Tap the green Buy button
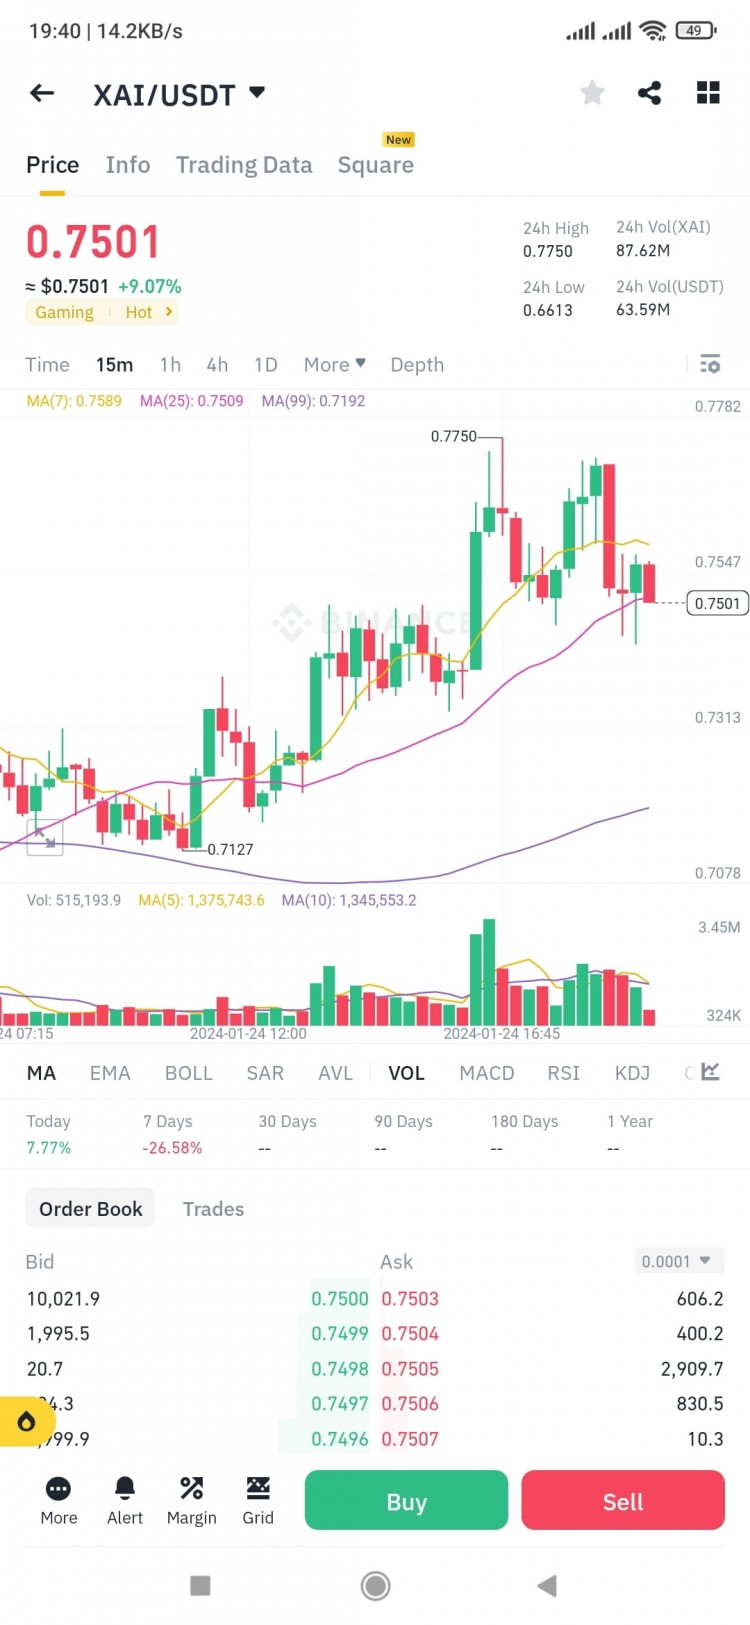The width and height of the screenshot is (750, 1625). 406,1501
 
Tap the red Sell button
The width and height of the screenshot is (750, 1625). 622,1501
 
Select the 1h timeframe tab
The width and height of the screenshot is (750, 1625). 170,365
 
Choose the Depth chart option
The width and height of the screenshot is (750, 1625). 416,365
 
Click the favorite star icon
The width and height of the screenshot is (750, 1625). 592,93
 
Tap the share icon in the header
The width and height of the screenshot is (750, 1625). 649,93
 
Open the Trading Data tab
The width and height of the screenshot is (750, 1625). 244,165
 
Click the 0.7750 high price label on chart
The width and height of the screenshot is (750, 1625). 454,436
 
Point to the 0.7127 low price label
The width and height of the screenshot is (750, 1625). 230,849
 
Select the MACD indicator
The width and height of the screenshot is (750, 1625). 486,1073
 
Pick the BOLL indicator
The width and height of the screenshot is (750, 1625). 188,1073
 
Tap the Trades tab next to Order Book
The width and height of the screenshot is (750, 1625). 213,1209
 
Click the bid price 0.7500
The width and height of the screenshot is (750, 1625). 339,1299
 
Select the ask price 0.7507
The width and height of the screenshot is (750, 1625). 410,1439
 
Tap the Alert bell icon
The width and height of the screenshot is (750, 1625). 125,1500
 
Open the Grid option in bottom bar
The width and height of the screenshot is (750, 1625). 258,1500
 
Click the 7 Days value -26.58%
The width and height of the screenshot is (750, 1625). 172,1148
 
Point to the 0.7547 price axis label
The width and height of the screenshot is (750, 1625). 717,562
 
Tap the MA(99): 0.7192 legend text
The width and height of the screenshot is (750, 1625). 313,401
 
